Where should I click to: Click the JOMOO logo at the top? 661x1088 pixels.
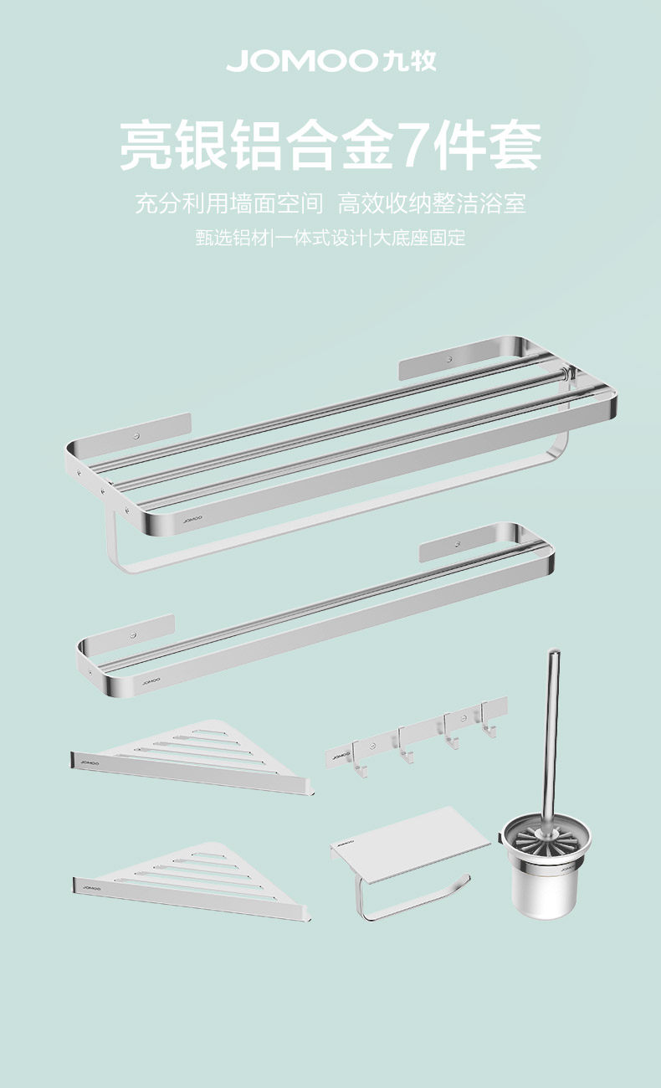(x=330, y=60)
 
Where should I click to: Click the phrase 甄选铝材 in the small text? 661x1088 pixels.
(x=233, y=238)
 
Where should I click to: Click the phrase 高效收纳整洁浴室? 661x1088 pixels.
(x=432, y=203)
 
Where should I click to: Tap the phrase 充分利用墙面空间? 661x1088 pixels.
(x=229, y=203)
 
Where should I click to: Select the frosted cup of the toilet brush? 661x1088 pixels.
(x=544, y=879)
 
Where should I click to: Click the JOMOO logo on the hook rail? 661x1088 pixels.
(x=340, y=756)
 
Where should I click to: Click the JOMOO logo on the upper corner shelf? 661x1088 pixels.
(x=90, y=762)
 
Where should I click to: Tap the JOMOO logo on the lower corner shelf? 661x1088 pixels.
(x=92, y=885)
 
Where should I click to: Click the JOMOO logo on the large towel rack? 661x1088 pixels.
(x=192, y=520)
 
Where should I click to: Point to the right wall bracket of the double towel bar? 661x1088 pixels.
(x=459, y=545)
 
